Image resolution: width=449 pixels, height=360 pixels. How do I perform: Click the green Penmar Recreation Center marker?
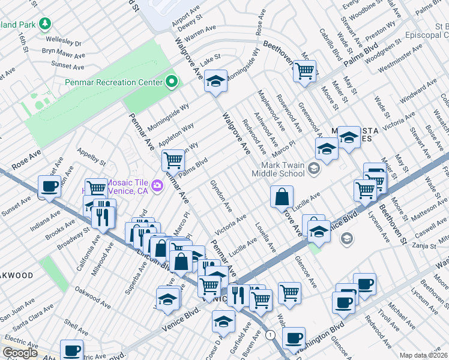172,82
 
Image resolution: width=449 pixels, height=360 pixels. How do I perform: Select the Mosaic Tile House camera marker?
157,185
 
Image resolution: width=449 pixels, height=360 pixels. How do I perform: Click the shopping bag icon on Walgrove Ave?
282,197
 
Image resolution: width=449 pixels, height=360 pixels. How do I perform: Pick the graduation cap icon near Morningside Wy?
215,81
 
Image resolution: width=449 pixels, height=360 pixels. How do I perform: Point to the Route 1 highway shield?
271,334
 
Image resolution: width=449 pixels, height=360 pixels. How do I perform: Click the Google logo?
20,353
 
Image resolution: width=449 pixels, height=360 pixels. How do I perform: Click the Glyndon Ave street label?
221,196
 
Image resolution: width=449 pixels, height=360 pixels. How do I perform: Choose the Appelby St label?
91,156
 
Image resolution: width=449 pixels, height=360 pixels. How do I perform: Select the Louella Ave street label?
265,238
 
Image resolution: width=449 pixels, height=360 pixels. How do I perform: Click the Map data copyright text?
423,355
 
